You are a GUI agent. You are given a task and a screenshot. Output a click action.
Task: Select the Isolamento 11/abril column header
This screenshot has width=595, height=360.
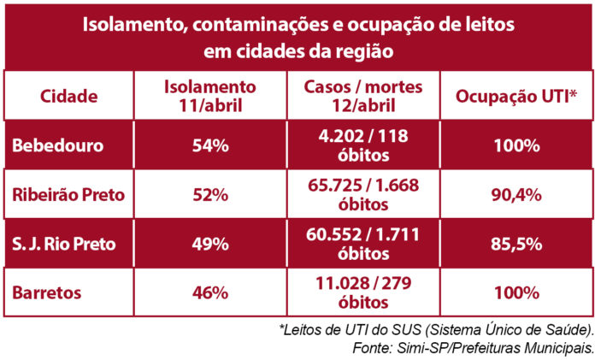click(209, 96)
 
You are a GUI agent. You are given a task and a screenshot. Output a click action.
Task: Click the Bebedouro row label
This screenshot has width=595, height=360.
click(57, 145)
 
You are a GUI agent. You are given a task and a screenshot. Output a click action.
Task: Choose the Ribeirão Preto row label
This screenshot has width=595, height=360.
click(68, 195)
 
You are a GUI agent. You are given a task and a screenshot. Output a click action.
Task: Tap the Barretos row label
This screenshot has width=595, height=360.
click(48, 292)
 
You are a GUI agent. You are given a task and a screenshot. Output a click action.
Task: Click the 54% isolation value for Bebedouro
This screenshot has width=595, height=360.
click(209, 145)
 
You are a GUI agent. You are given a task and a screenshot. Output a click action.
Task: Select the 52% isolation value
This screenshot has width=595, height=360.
click(209, 195)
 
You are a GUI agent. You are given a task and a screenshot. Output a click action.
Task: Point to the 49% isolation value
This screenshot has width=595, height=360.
click(209, 244)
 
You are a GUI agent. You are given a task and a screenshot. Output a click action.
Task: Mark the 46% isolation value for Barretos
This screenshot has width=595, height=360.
click(209, 292)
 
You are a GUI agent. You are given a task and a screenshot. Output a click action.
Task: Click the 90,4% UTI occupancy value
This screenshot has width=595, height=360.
click(517, 195)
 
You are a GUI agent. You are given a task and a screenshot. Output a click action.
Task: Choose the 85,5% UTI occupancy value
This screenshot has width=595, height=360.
click(517, 244)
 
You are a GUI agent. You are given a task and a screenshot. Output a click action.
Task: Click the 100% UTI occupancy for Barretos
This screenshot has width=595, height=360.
click(517, 292)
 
